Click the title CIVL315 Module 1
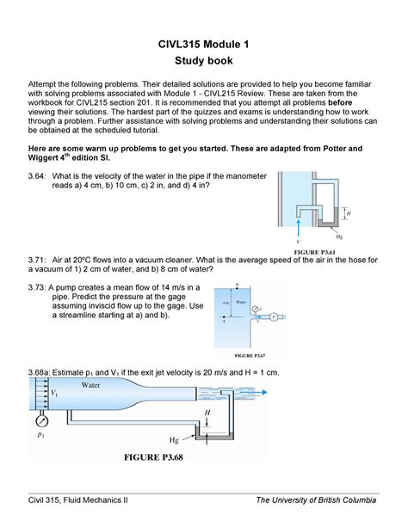[203, 45]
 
